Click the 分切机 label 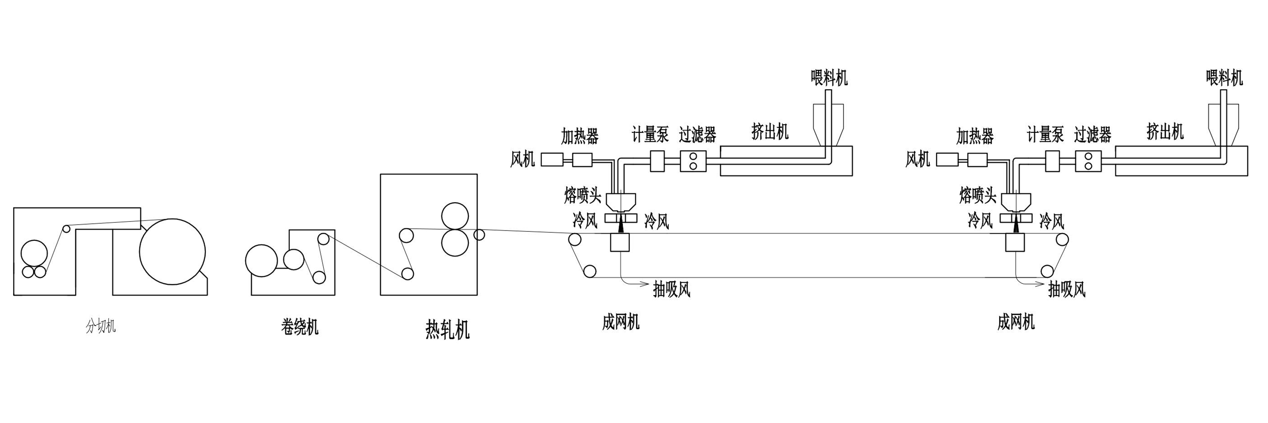click(x=101, y=326)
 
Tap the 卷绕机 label click(x=300, y=327)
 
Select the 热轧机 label click(x=447, y=330)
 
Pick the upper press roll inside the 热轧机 click(x=455, y=215)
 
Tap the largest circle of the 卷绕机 click(x=261, y=260)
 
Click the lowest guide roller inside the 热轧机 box click(x=407, y=273)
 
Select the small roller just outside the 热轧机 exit click(x=479, y=235)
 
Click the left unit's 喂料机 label click(x=829, y=78)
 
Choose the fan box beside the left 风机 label click(x=552, y=159)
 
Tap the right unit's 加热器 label click(x=975, y=136)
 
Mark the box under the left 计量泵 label click(x=657, y=161)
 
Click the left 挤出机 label click(x=770, y=132)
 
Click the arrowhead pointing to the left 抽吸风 click(x=644, y=283)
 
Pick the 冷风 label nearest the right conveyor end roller click(x=1052, y=221)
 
